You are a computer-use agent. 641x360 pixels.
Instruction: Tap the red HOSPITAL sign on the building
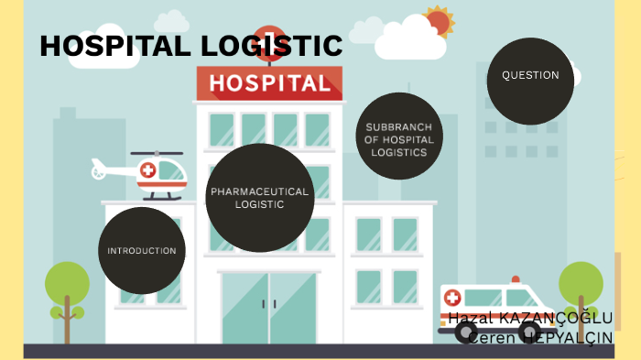click(x=268, y=84)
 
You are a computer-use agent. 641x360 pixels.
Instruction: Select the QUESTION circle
click(x=530, y=76)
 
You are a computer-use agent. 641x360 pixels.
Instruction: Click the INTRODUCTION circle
click(x=142, y=250)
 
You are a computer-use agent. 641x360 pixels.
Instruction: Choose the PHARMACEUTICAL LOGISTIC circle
click(x=260, y=198)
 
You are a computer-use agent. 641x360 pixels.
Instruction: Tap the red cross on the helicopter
click(x=147, y=170)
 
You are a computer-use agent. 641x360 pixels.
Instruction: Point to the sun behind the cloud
click(x=440, y=20)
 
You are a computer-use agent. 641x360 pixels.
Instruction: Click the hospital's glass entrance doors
click(x=268, y=307)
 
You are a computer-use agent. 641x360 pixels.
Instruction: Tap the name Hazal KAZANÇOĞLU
click(x=530, y=319)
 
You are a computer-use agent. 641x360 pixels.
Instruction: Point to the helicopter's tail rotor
click(x=97, y=169)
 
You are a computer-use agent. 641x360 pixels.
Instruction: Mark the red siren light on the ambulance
click(x=516, y=279)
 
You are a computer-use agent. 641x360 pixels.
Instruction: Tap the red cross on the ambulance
click(x=455, y=299)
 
